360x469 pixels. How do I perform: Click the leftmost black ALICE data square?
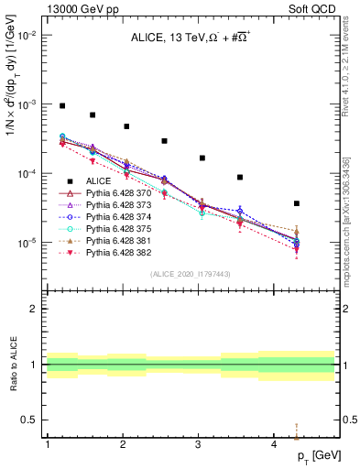coord(62,106)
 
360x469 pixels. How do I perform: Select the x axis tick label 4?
coord(274,444)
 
